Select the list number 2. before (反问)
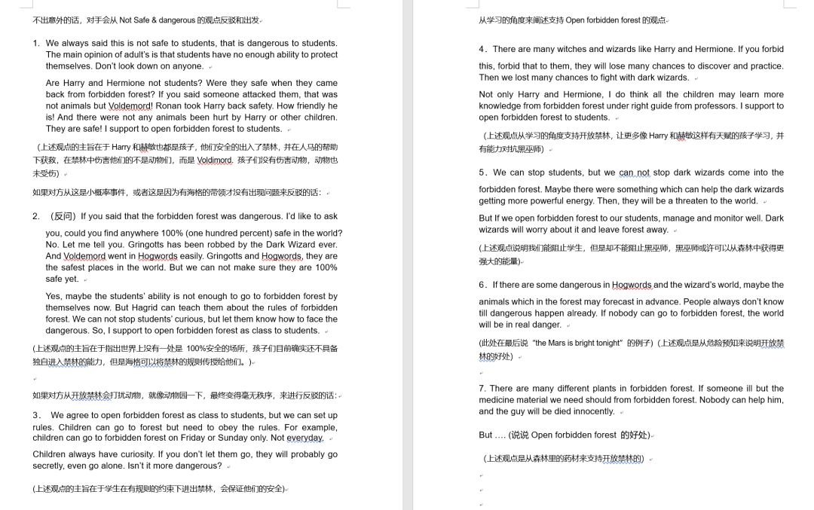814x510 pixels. pos(36,216)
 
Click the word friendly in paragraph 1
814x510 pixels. pos(301,106)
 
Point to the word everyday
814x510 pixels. pos(304,438)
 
